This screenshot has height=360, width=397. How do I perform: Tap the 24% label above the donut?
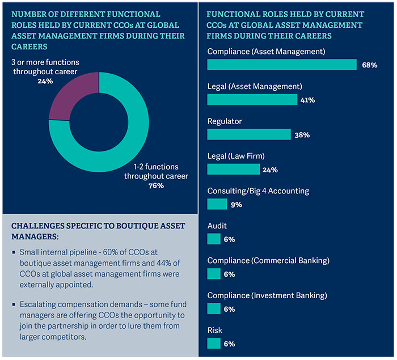pyautogui.click(x=45, y=81)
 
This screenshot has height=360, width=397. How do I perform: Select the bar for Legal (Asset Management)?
pyautogui.click(x=252, y=100)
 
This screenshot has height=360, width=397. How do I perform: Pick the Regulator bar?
pyautogui.click(x=249, y=134)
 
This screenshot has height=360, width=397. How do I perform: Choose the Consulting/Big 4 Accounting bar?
pyautogui.click(x=217, y=204)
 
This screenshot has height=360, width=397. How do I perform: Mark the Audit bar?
pyautogui.click(x=214, y=239)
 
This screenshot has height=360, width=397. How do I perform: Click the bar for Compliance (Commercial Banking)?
pyautogui.click(x=214, y=274)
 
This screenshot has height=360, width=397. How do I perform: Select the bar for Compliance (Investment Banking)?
pyautogui.click(x=214, y=308)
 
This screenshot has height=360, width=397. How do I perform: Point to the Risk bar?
pyautogui.click(x=214, y=344)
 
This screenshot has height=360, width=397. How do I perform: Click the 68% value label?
pyautogui.click(x=369, y=65)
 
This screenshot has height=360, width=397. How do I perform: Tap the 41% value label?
pyautogui.click(x=308, y=100)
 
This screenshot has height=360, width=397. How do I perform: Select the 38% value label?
pyautogui.click(x=301, y=135)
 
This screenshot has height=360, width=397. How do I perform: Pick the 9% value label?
pyautogui.click(x=235, y=205)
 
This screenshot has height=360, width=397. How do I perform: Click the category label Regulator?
pyautogui.click(x=225, y=121)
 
